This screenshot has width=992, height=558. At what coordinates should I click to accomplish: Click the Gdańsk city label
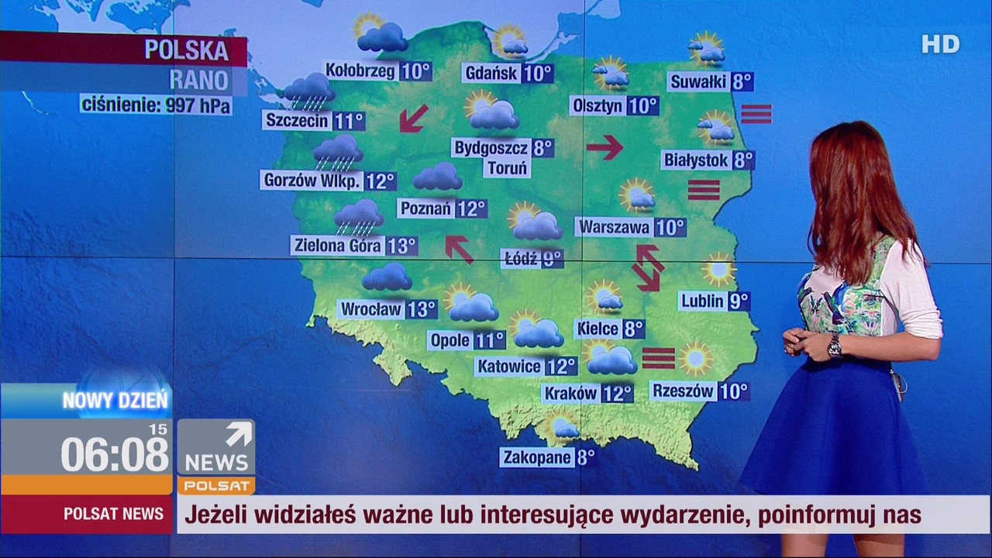491,74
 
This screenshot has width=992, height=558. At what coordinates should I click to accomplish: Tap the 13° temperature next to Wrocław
422,309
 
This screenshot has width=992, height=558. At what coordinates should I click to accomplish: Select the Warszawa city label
615,228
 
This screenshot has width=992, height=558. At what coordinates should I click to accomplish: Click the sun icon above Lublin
718,270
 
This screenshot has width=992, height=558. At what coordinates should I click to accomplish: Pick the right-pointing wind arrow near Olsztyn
604,146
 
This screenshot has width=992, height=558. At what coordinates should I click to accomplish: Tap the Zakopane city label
537,457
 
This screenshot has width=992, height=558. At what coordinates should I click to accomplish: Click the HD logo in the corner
940,45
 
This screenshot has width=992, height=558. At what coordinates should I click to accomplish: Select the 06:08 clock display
115,454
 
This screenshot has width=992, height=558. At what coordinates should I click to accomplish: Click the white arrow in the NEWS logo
239,434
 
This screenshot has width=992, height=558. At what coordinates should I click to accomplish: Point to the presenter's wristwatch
834,346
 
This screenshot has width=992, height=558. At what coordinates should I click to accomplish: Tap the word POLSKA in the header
187,50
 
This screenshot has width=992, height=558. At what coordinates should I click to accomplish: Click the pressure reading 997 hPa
198,105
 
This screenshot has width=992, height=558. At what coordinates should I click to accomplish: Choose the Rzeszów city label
683,391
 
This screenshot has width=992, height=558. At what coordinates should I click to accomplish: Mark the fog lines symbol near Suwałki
756,114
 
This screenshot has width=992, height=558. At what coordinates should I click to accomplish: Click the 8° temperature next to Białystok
743,160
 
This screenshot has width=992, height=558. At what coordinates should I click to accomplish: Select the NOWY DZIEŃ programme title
115,401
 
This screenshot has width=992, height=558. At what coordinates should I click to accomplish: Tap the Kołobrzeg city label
361,71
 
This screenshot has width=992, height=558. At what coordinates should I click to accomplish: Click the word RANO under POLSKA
198,80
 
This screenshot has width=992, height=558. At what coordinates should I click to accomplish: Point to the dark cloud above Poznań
437,177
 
